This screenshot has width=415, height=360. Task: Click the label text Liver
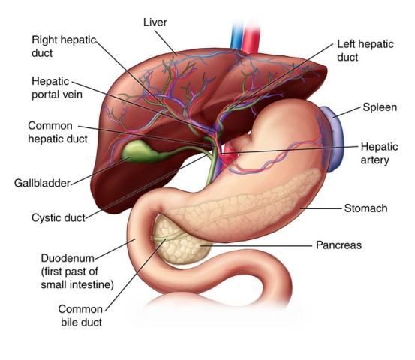[x=155, y=22]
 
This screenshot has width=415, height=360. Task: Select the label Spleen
[x=380, y=107]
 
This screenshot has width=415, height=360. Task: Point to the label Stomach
[x=365, y=208]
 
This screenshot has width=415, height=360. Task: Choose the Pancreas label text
[x=338, y=245]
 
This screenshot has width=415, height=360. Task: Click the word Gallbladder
[x=42, y=183]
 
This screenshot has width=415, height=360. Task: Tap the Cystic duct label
[x=59, y=218]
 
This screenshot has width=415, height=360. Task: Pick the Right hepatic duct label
[x=64, y=46]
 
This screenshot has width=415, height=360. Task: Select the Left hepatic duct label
[x=365, y=50]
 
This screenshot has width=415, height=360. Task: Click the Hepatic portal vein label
[x=57, y=88]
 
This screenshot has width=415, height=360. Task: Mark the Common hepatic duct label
[x=58, y=132]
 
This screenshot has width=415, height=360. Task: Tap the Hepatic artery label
[x=379, y=154]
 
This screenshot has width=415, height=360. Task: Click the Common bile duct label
[x=80, y=316]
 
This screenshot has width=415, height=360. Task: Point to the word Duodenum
[x=68, y=258]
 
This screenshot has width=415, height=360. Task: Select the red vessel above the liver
[x=251, y=36]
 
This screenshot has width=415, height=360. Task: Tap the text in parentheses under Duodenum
[x=77, y=277]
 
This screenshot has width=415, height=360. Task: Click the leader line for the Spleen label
[x=347, y=112]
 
